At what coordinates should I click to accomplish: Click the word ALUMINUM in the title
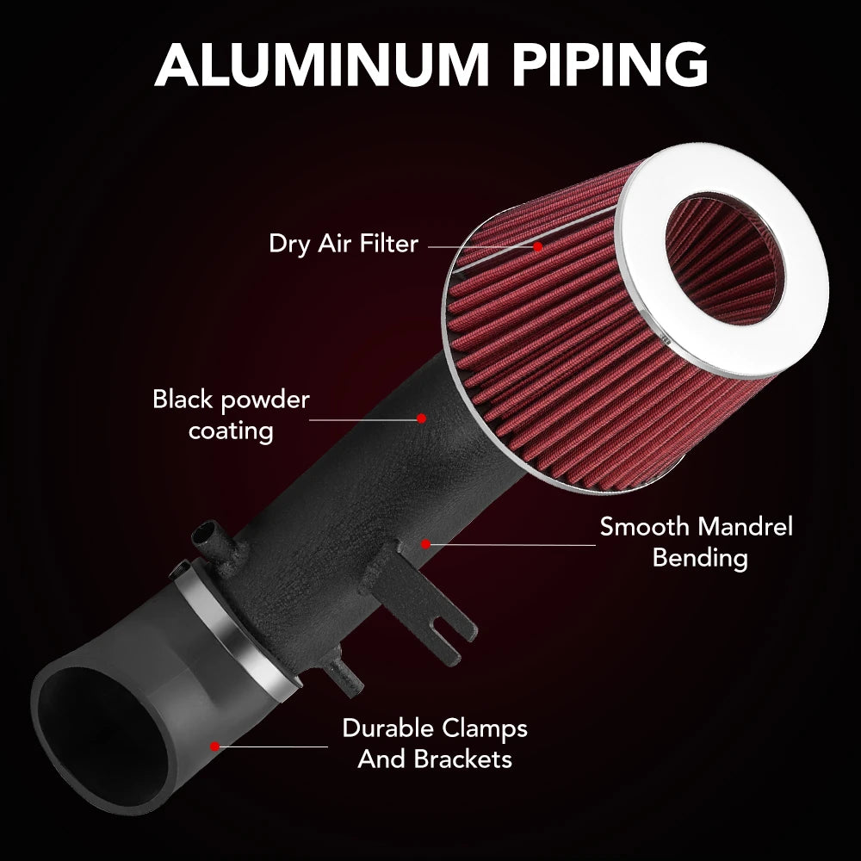click(322, 65)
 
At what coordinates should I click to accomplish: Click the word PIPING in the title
click(610, 65)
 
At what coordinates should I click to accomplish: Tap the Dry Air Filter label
click(344, 244)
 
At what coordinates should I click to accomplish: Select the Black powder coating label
click(231, 415)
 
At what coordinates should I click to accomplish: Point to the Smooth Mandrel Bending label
click(697, 542)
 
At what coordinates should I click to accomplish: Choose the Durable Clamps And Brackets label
click(435, 744)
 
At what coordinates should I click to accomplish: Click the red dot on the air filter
click(538, 246)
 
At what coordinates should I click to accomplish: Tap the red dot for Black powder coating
click(422, 418)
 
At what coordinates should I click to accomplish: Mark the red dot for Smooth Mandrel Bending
click(425, 544)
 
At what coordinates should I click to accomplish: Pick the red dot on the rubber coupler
click(214, 746)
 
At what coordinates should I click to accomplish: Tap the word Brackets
click(463, 759)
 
